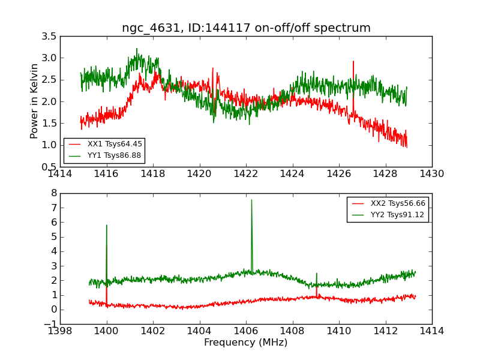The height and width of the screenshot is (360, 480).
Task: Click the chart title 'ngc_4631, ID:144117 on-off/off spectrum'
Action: [246, 28]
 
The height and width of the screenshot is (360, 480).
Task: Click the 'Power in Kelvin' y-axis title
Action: [35, 101]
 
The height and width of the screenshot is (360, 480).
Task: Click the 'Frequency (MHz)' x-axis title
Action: [246, 343]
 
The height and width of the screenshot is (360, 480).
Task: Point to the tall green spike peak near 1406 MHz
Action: [251, 200]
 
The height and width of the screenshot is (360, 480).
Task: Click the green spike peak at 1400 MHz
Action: [106, 225]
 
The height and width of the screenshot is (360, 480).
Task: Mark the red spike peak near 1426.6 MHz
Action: [353, 61]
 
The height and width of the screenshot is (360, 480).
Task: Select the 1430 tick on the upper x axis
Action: [432, 174]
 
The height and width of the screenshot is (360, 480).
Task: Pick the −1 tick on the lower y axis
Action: [51, 324]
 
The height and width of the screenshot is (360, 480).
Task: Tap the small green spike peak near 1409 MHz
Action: [317, 273]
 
